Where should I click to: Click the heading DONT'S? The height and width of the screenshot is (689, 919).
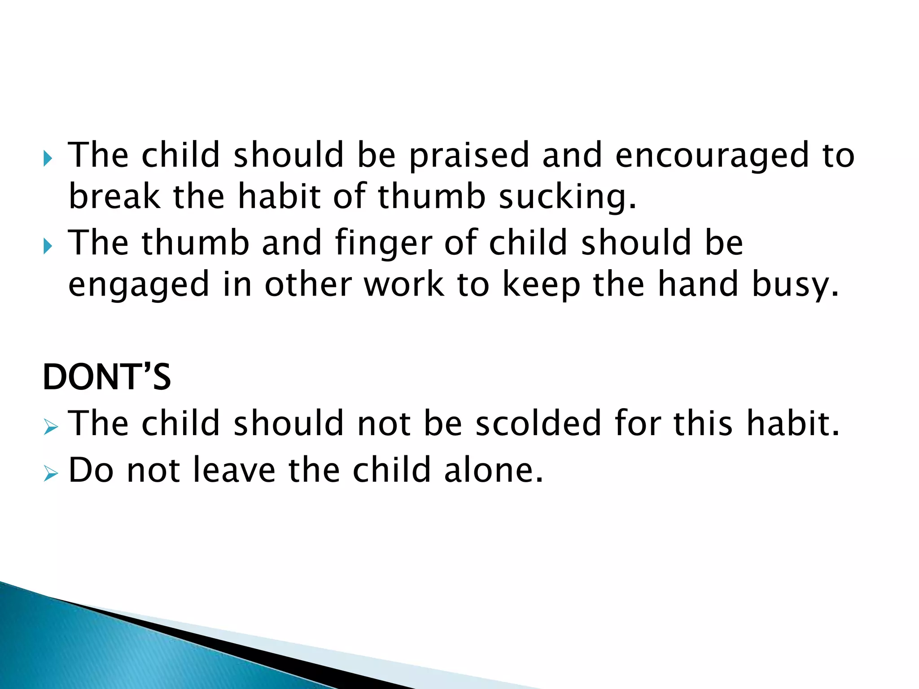point(107,377)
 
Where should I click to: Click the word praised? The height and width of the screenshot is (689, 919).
point(469,156)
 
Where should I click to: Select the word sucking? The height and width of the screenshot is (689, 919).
point(567,198)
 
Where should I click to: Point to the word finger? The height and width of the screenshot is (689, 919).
point(384,244)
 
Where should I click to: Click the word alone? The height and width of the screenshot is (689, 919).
point(494,470)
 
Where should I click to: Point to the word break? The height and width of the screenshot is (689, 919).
point(114,197)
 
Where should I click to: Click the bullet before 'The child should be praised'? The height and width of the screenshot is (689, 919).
point(48,159)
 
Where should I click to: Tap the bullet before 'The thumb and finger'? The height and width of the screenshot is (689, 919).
point(48,246)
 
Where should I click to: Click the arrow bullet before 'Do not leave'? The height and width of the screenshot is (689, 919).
point(51,473)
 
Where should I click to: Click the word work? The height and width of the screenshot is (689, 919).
point(404,285)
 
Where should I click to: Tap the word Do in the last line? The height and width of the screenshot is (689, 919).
point(91,470)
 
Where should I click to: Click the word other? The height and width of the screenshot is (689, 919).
point(308,285)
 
